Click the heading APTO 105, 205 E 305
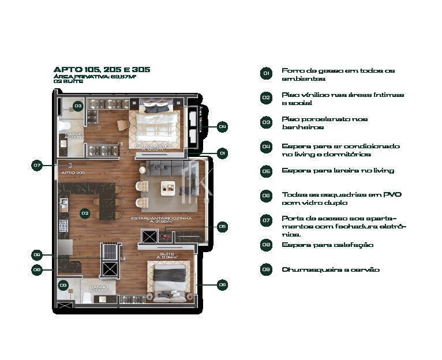pos(102,69)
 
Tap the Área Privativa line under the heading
pos(95,76)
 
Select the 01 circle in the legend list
pos(266,73)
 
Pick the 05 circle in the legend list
pos(266,171)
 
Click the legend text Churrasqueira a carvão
pos(331,269)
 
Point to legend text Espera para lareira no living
pos(338,171)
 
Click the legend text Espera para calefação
pos(327,245)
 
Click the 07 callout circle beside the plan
pos(38,166)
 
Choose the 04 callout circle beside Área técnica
pos(222,126)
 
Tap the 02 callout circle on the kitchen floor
pos(85,213)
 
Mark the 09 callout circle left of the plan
pos(38,255)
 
